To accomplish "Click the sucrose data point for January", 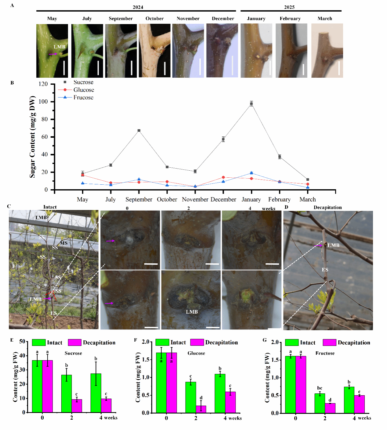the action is coord(251,104).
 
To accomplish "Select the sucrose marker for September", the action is coord(139,130).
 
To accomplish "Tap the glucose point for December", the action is coord(223,177).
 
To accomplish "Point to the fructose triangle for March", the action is coord(308,187).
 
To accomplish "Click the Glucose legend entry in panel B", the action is coord(76,90).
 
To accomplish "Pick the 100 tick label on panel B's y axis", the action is coord(43,101).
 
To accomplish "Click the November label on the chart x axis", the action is coord(195,199).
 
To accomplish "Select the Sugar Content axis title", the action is coord(32,137).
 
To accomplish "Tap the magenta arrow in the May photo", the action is coord(53,54).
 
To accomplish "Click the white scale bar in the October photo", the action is coord(165,68).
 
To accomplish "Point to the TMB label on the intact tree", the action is coord(41,217).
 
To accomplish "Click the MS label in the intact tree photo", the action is coord(63,243).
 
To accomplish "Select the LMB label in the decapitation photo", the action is coord(333,245).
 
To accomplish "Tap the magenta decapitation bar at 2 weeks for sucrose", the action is coord(77,406).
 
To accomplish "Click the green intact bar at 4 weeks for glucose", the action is coord(220,393).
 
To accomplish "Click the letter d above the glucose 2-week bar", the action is coord(201,398).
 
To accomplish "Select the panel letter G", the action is coord(265,340).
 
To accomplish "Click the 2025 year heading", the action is coord(289,7).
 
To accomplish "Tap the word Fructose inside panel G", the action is coord(325,353).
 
